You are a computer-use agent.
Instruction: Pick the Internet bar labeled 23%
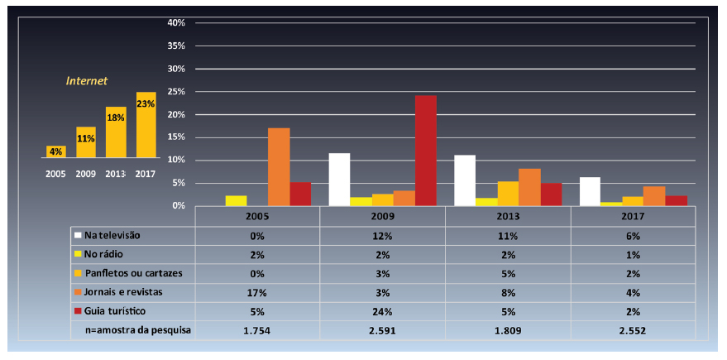coord(146,124)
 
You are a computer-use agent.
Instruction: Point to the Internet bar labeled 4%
coord(55,151)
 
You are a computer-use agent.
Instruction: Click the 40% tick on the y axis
coord(175,23)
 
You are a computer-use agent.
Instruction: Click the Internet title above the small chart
coord(87,81)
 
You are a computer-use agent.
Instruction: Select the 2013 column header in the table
coord(508,216)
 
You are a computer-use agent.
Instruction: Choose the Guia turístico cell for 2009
coord(382,311)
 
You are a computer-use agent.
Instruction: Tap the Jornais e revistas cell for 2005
coord(256,292)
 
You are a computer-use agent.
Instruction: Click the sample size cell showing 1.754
coord(256,330)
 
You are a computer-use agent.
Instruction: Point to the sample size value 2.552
coord(634,330)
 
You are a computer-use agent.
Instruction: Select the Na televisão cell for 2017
coord(634,235)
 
